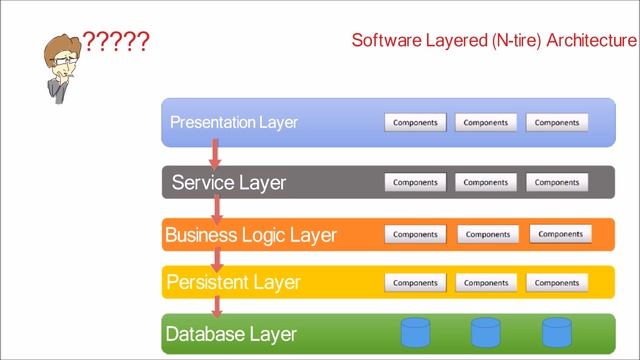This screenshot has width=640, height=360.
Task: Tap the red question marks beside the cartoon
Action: pos(116,42)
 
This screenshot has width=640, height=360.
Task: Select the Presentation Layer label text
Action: pos(234,123)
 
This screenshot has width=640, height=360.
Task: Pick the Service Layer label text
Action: pos(229,183)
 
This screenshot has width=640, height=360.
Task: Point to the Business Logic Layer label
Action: pos(251,236)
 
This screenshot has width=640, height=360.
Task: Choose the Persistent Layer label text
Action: pos(233,283)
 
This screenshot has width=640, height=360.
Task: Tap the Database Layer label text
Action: pos(231,334)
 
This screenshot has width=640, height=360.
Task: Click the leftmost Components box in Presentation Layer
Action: pos(415,123)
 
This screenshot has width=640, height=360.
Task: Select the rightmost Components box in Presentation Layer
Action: pos(557,123)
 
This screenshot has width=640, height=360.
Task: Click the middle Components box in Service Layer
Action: pos(486,183)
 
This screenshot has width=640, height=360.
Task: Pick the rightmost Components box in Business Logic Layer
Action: pos(560,235)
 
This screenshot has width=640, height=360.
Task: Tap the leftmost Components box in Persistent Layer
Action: pos(415,283)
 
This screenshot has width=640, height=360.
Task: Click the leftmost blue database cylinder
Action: pos(414,332)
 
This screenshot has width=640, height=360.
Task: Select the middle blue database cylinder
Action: pos(486,332)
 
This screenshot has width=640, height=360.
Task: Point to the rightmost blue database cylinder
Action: pos(556,332)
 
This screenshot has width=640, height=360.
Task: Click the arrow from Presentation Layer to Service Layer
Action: pos(214,153)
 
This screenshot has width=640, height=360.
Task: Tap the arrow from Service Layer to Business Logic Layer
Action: pos(215,208)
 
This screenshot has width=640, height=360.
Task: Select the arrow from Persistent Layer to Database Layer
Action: pos(215,306)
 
